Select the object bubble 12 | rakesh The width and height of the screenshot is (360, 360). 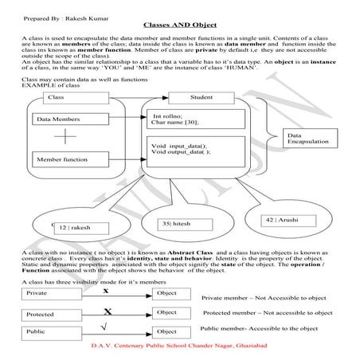tap(74, 227)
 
